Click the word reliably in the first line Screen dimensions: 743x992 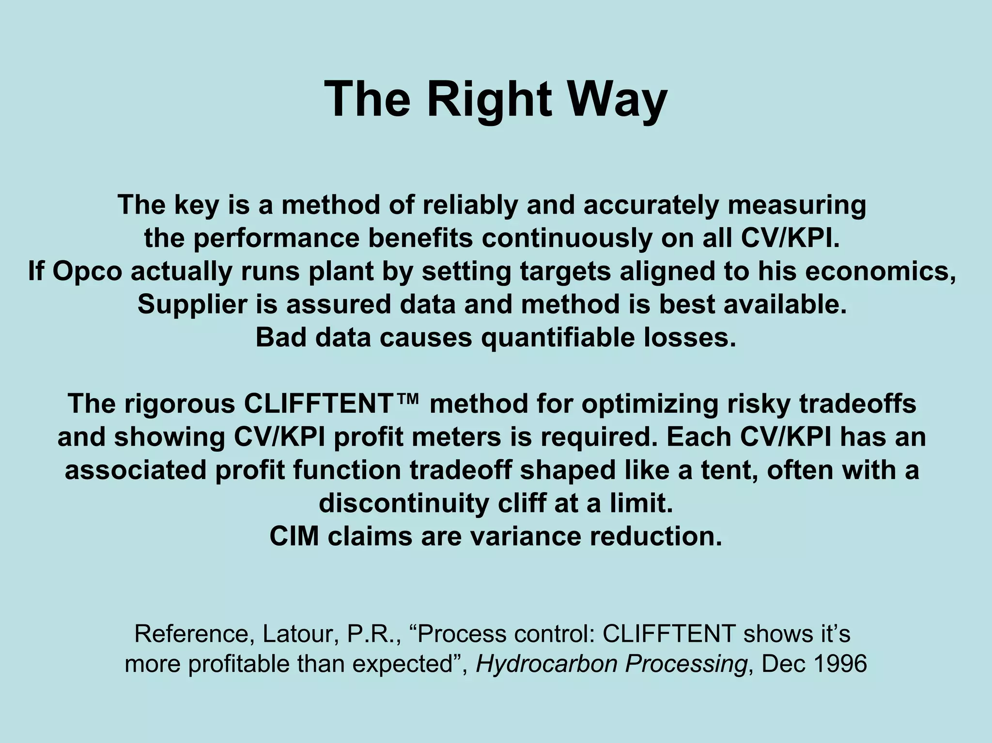click(x=469, y=205)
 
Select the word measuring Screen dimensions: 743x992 click(x=797, y=205)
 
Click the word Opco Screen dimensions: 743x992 click(x=87, y=271)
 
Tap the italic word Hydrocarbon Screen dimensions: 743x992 click(x=546, y=664)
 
